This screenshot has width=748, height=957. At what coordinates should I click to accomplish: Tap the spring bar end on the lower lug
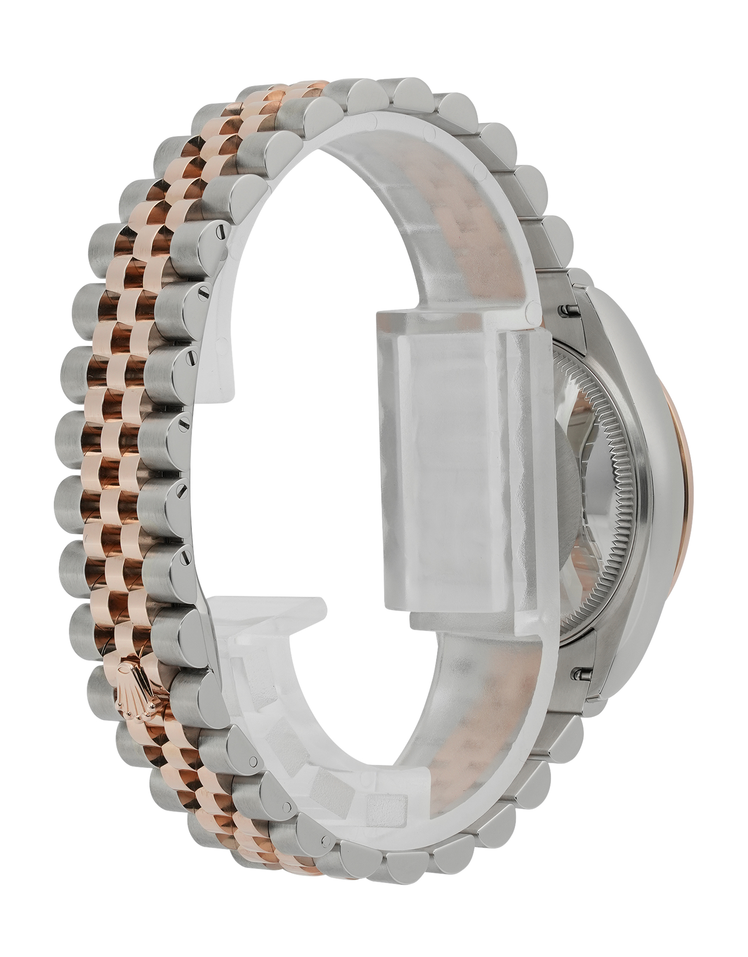pyautogui.click(x=582, y=672)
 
